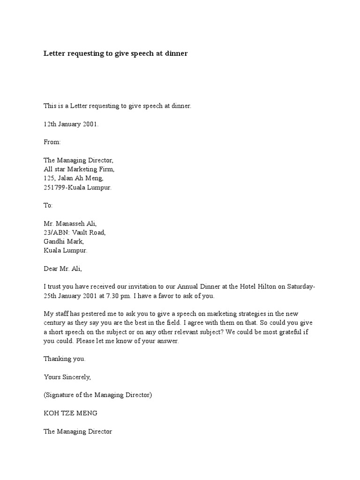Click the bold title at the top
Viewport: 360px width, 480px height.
[115, 53]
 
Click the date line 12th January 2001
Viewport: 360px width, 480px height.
[71, 124]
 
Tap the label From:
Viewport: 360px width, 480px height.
[52, 142]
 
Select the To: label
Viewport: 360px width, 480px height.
[48, 205]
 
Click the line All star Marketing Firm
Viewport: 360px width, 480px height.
[79, 169]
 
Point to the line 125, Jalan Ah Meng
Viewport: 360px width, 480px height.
[74, 178]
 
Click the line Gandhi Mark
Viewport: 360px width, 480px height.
[64, 241]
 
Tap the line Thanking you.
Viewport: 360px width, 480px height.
[65, 359]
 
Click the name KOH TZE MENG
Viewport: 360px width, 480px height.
[70, 413]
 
